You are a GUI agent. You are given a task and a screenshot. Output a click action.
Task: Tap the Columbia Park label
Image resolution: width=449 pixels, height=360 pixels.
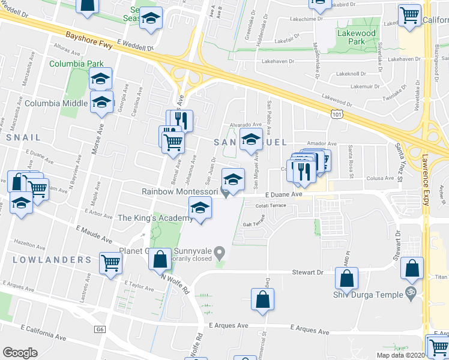(x=76, y=64)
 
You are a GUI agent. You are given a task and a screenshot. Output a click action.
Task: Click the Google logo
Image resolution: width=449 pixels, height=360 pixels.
(x=20, y=353)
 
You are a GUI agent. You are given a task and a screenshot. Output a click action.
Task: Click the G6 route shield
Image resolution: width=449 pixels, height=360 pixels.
(x=100, y=330)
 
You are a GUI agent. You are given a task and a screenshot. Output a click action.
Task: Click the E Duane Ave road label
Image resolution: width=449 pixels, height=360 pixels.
(x=283, y=194)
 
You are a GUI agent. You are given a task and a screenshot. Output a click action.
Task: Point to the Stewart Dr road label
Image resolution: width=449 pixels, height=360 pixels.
(x=311, y=272)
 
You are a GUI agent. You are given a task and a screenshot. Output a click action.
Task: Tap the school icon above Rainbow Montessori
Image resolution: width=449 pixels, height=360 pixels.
(x=233, y=178)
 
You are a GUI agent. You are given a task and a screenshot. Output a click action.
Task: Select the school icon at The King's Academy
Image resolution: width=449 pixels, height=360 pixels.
(x=200, y=208)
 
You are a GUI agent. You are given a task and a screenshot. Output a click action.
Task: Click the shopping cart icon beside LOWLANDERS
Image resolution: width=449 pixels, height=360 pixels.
(x=110, y=262)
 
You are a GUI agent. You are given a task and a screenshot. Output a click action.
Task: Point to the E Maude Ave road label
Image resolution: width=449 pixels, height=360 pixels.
(x=94, y=234)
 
